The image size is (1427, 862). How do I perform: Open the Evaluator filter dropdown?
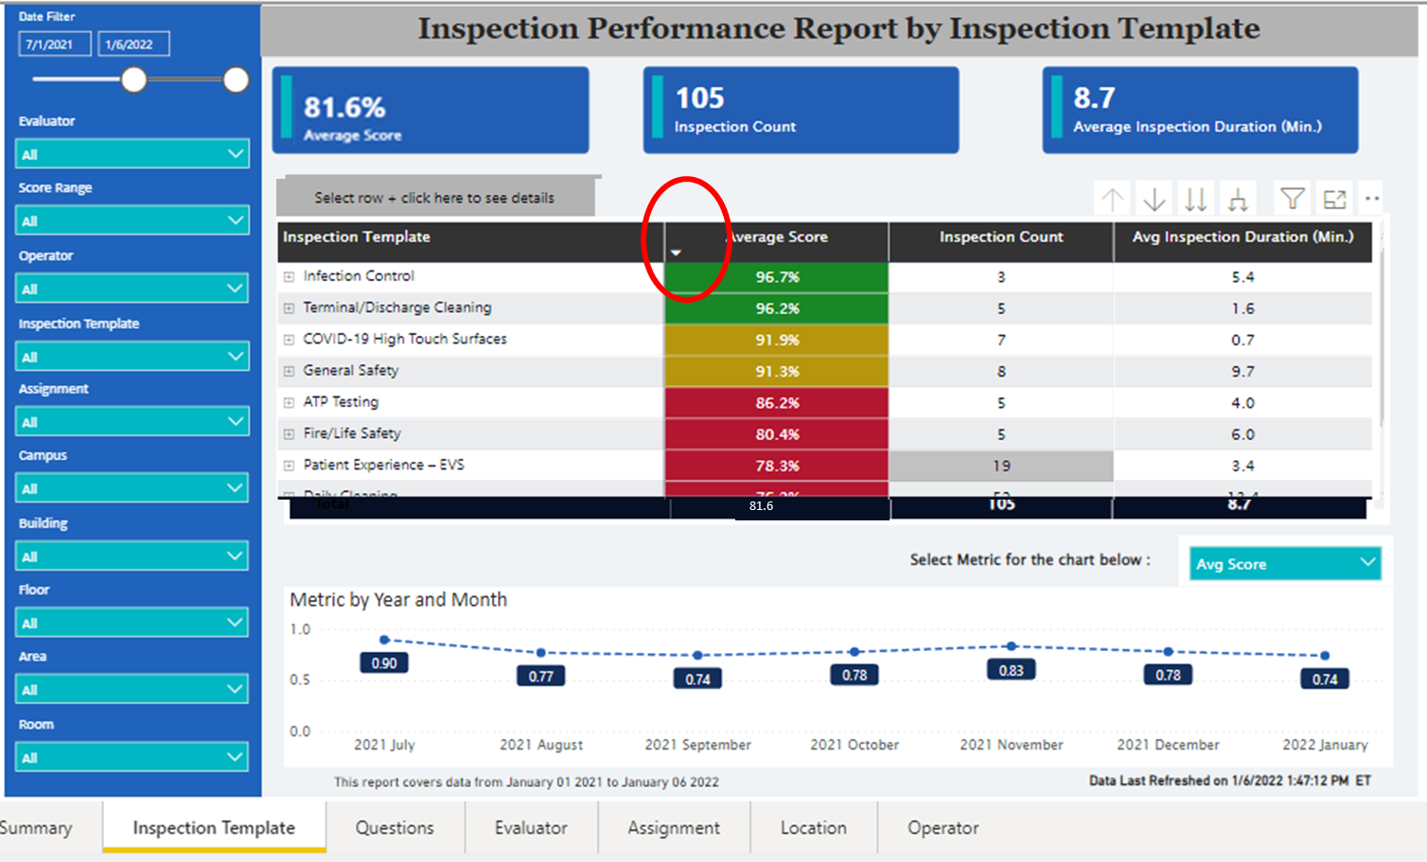pyautogui.click(x=132, y=153)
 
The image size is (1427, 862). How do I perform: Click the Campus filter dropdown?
pyautogui.click(x=132, y=488)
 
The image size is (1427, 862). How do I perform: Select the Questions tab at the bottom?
pyautogui.click(x=395, y=828)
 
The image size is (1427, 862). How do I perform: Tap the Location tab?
pyautogui.click(x=813, y=828)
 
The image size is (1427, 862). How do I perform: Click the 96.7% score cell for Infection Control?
pyautogui.click(x=777, y=277)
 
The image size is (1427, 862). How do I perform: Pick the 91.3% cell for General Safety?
pyautogui.click(x=777, y=371)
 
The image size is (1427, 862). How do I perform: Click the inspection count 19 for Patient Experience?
pyautogui.click(x=1001, y=466)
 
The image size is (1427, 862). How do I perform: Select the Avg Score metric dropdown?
pyautogui.click(x=1284, y=564)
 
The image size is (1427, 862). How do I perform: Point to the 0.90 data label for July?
pyautogui.click(x=384, y=663)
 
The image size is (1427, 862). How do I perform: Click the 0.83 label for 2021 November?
pyautogui.click(x=1011, y=671)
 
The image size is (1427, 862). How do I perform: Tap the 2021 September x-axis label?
pyautogui.click(x=697, y=745)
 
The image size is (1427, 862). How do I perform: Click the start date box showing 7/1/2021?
pyautogui.click(x=53, y=44)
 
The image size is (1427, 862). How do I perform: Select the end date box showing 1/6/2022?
pyautogui.click(x=132, y=44)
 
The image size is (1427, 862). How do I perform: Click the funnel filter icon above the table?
pyautogui.click(x=1292, y=199)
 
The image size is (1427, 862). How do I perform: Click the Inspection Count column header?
pyautogui.click(x=1001, y=237)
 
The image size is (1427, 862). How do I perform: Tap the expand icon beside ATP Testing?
pyautogui.click(x=289, y=403)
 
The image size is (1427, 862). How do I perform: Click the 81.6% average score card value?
pyautogui.click(x=344, y=108)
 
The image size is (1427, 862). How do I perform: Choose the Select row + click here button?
pyautogui.click(x=435, y=198)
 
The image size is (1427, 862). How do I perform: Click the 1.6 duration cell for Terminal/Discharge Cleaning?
pyautogui.click(x=1242, y=308)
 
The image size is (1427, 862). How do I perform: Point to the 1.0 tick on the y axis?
pyautogui.click(x=300, y=629)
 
